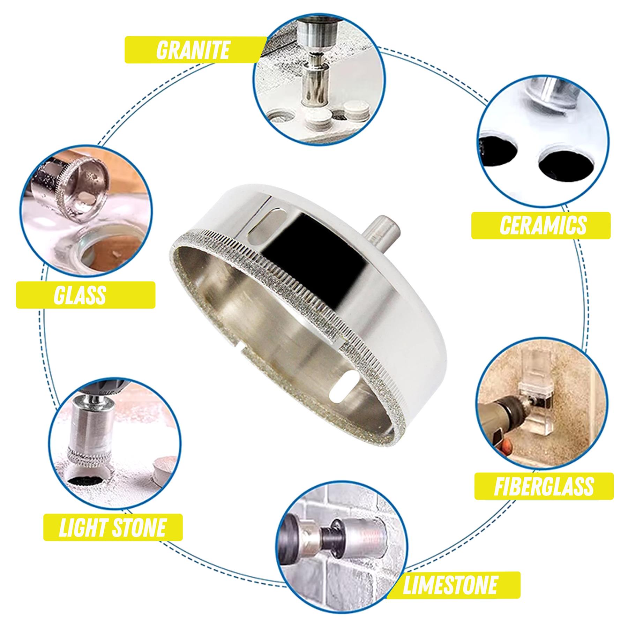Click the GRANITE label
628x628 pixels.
point(193,50)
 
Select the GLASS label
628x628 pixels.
point(80,295)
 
